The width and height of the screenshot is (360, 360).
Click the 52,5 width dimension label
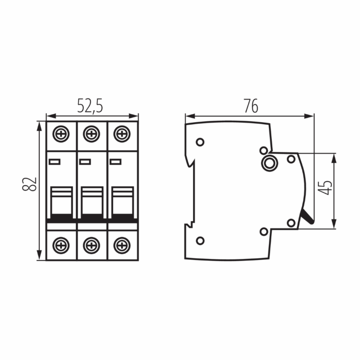pyautogui.click(x=90, y=106)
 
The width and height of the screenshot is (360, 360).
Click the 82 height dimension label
pyautogui.click(x=29, y=184)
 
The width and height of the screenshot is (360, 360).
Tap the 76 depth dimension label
pyautogui.click(x=251, y=106)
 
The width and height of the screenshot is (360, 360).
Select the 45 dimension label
pyautogui.click(x=325, y=188)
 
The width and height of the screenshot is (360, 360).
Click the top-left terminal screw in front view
pyautogui.click(x=61, y=134)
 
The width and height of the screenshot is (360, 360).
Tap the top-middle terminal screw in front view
pyautogui.click(x=91, y=134)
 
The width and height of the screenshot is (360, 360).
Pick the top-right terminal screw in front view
pyautogui.click(x=122, y=134)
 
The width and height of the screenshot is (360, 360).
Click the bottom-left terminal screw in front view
pyautogui.click(x=61, y=245)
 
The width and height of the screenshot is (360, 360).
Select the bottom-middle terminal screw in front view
pyautogui.click(x=91, y=245)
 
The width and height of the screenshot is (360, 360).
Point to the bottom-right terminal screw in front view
pyautogui.click(x=122, y=245)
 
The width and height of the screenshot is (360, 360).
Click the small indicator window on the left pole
pyautogui.click(x=54, y=162)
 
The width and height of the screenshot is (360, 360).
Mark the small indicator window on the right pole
pyautogui.click(x=115, y=162)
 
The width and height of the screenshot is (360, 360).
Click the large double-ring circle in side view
pyautogui.click(x=270, y=163)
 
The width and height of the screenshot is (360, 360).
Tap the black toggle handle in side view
pyautogui.click(x=308, y=216)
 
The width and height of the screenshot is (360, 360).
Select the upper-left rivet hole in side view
pyautogui.click(x=200, y=142)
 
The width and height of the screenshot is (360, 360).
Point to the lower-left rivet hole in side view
pyautogui.click(x=200, y=241)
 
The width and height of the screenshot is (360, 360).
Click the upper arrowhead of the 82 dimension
pyautogui.click(x=40, y=126)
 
